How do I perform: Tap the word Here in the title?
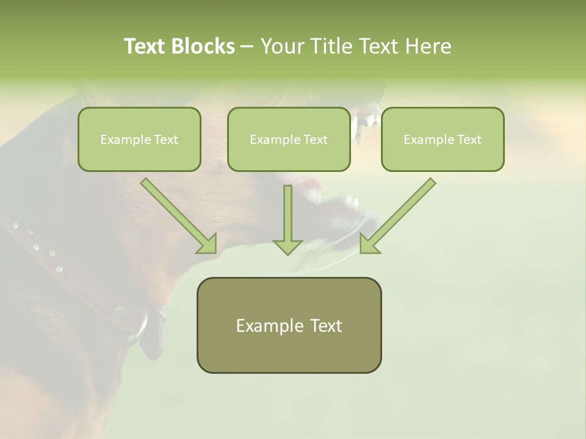pos(427,46)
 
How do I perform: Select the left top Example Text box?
pos(139,139)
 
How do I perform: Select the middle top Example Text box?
pos(289,139)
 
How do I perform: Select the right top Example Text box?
pos(443,139)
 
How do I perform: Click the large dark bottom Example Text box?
pos(289,325)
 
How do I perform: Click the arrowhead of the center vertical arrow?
pos(288,246)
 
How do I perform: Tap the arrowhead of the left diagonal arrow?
pos(208,244)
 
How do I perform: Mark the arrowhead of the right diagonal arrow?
pos(369,244)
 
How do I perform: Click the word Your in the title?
pos(281,46)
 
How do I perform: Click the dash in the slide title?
pos(247,47)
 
